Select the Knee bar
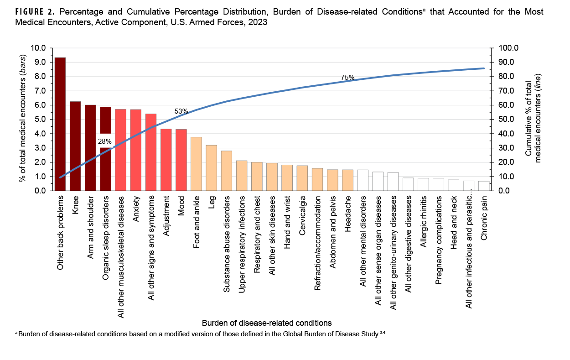tap(75, 146)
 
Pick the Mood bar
tap(181, 160)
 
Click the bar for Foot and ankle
tap(196, 164)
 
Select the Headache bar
tap(347, 180)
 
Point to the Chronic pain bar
tap(484, 186)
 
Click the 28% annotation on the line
tap(105, 141)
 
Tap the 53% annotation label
tap(181, 111)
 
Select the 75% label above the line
tap(347, 78)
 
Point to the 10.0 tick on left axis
tap(38, 48)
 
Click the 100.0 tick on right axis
tap(503, 48)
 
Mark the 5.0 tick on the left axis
tap(40, 120)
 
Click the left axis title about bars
tap(22, 119)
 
